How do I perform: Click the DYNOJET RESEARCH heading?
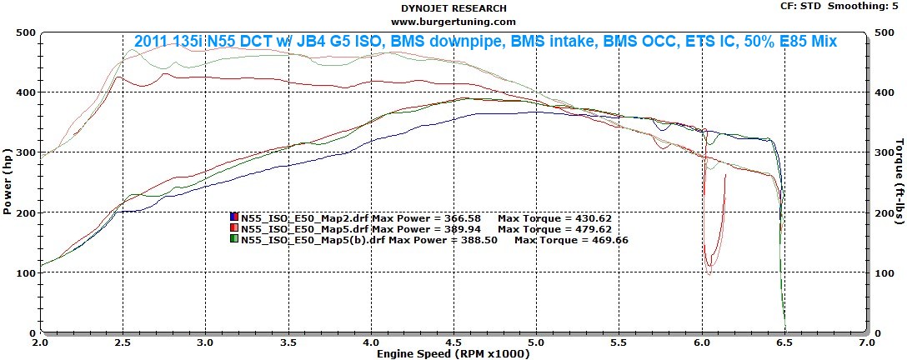(x=453, y=7)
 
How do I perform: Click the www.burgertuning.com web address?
(x=453, y=21)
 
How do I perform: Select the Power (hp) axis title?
(x=8, y=182)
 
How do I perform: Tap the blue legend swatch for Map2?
(x=235, y=217)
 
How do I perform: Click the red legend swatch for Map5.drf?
(x=235, y=228)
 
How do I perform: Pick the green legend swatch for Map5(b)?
(x=235, y=240)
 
